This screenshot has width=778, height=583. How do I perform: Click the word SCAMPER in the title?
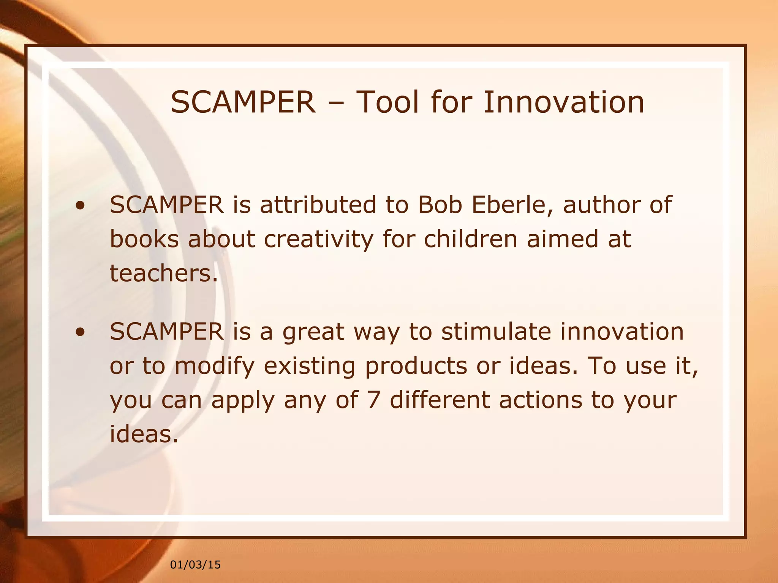[x=243, y=102]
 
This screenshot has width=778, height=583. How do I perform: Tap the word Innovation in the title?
[x=563, y=102]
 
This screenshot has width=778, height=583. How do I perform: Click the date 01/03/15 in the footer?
[x=195, y=565]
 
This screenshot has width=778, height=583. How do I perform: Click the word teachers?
[x=164, y=273]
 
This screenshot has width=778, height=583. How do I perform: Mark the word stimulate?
[x=496, y=331]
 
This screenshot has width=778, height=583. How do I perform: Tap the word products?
[x=416, y=367]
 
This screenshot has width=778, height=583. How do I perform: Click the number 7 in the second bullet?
[x=374, y=400]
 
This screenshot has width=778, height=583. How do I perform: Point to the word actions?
[x=541, y=400]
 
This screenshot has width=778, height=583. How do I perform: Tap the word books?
[x=144, y=239]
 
